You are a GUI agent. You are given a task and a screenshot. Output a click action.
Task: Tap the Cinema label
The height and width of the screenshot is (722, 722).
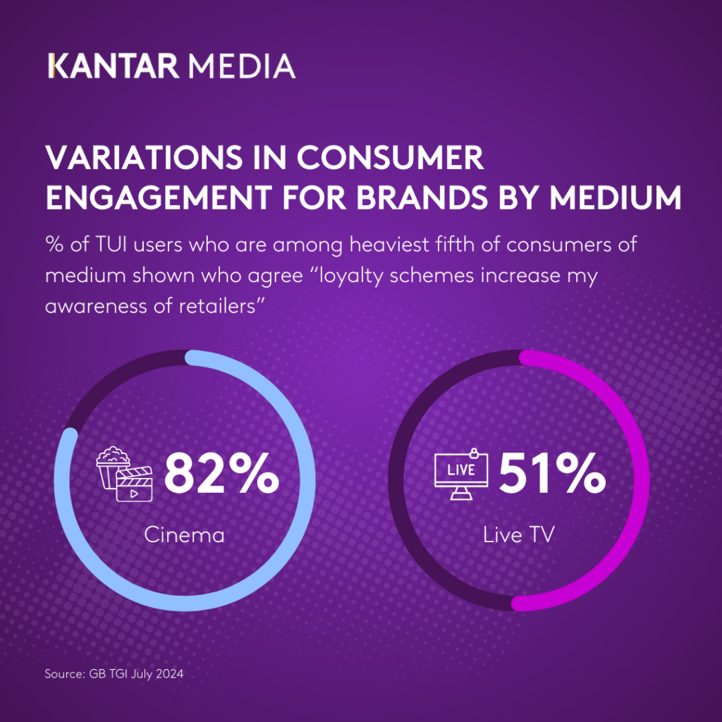184,534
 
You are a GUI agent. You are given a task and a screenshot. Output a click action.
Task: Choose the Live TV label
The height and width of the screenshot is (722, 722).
519,534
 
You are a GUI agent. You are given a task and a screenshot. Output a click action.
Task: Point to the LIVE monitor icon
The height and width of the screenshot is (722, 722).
460,474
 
